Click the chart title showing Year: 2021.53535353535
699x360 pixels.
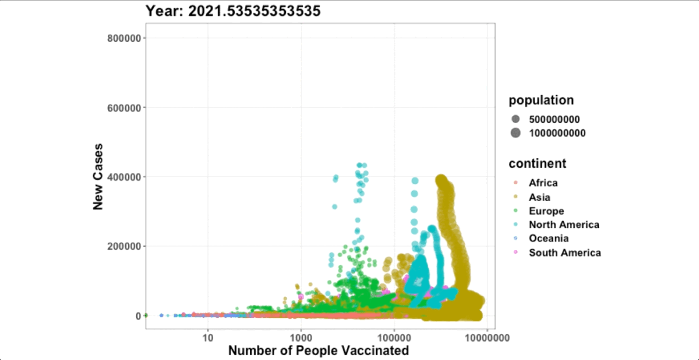point(233,11)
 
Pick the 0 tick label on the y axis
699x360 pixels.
point(138,316)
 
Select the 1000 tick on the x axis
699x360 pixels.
point(301,337)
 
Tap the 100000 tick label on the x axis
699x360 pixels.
point(394,337)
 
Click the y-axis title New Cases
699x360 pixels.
point(98,177)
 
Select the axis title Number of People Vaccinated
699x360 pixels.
point(318,351)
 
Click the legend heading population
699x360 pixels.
point(541,100)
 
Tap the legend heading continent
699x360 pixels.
point(537,163)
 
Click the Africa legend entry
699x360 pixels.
point(543,183)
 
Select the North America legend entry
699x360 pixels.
point(564,225)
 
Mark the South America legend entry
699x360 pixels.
point(565,253)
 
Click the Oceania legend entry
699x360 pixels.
point(549,239)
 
